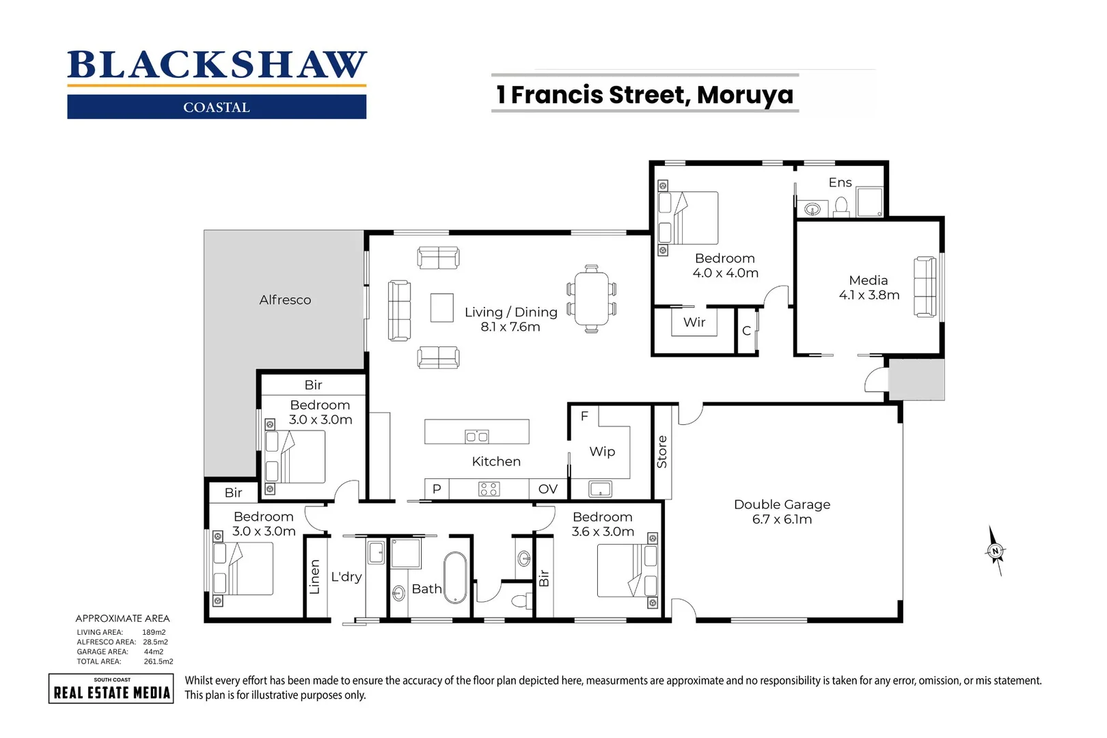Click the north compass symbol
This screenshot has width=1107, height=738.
[996, 551]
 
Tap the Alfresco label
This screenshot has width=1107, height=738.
[285, 300]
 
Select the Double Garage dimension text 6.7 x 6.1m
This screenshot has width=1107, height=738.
[782, 519]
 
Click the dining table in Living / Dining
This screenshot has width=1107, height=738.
[591, 299]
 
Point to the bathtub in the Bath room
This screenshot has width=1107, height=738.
[455, 577]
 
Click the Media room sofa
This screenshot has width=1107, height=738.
[925, 287]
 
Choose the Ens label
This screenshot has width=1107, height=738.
[840, 182]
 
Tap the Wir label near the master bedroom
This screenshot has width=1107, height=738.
[694, 323]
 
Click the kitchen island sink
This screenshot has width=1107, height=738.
[476, 437]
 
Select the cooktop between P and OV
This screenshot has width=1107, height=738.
[489, 489]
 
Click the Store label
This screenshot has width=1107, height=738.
[661, 452]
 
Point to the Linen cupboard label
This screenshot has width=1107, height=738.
[314, 577]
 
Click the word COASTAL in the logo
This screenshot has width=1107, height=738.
[217, 107]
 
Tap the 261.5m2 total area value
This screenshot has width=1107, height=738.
[158, 661]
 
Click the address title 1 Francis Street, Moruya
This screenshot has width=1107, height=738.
[645, 94]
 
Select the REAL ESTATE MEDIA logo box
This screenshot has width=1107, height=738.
[111, 689]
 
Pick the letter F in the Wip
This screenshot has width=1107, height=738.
[584, 415]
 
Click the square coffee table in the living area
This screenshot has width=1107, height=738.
[442, 307]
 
